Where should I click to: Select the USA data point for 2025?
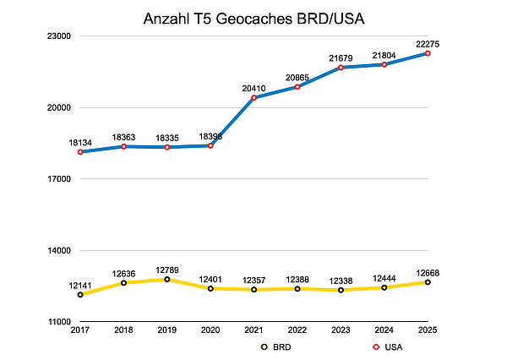[x=428, y=53]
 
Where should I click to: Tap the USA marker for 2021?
[x=253, y=98]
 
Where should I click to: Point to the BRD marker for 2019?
[x=167, y=280]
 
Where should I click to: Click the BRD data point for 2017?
[x=80, y=295]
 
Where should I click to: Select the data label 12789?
[x=167, y=268]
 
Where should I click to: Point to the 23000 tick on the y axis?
[x=57, y=36]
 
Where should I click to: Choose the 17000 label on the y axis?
[x=57, y=179]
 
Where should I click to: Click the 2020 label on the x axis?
[x=210, y=330]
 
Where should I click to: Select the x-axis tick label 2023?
[x=341, y=330]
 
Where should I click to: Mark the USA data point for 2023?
[x=341, y=68]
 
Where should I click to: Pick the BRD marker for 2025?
[x=428, y=282]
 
